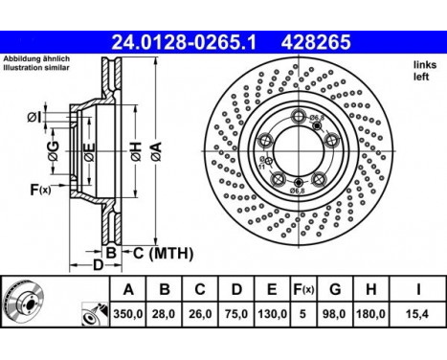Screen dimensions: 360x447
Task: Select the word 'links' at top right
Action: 424,64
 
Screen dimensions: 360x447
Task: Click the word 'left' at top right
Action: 423,76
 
